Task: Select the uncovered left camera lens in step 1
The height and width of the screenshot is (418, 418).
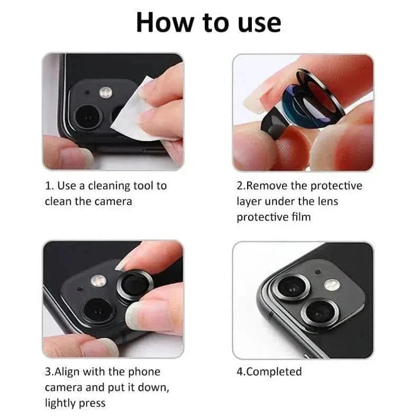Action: (86, 114)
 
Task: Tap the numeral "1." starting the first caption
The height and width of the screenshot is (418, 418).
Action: (49, 186)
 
